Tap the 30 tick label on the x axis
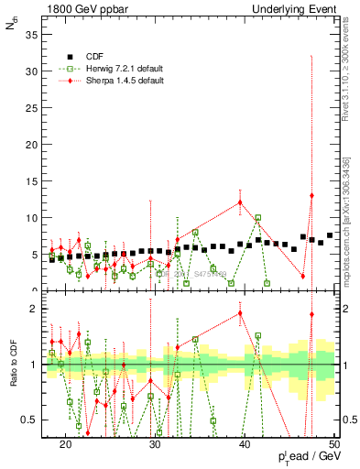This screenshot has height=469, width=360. coord(155,443)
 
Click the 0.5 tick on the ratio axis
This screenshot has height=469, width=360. coord(30,420)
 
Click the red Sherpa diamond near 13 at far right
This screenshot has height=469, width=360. coord(312,195)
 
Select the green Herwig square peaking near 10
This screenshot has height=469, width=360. coord(258,218)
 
